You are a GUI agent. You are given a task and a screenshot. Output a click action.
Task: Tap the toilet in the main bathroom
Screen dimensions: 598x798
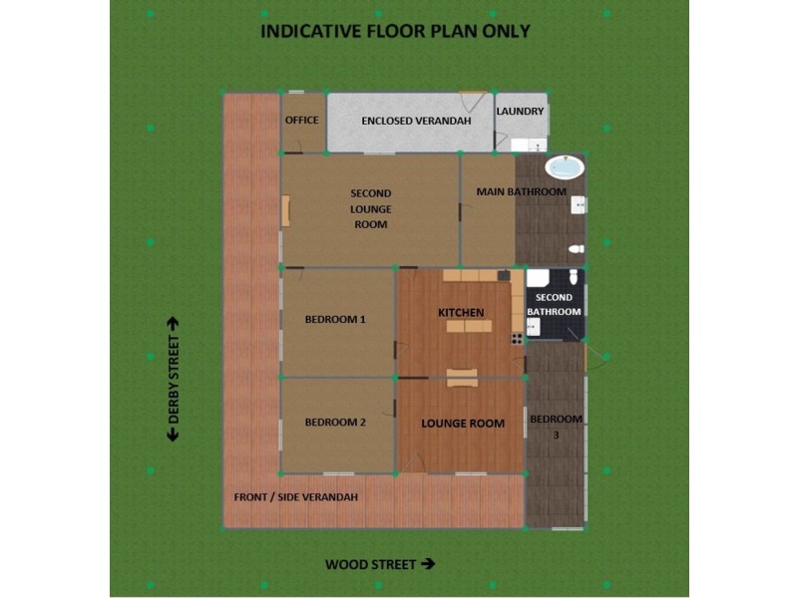coord(577,249)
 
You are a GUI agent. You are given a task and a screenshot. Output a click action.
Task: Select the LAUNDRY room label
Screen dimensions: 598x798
coord(520,112)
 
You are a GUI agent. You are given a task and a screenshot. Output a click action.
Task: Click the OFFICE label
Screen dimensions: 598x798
coord(301,121)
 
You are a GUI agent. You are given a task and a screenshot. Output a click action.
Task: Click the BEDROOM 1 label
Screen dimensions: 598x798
coord(335,320)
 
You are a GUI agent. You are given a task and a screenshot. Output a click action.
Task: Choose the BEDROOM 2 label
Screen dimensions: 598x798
coord(335,423)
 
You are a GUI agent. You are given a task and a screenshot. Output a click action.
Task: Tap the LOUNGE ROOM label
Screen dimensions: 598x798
coord(463,424)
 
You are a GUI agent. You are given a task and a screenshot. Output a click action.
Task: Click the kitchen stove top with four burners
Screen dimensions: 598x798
coord(518,339)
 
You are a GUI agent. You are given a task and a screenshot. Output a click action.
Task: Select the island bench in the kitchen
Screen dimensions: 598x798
coord(467,326)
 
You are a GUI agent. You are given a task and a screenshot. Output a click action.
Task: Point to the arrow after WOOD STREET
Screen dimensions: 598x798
coord(429,564)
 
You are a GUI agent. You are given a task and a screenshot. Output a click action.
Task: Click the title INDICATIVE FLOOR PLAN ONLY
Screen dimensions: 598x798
coord(395,31)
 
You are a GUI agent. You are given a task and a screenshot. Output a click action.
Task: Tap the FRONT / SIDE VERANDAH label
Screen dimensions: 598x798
coord(295,497)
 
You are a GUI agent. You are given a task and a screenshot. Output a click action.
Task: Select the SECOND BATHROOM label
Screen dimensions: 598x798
coord(555,305)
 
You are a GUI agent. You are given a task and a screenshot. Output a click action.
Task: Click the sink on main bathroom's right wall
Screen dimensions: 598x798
coord(579,205)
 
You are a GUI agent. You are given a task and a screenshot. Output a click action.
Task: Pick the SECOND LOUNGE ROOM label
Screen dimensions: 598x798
coord(370,208)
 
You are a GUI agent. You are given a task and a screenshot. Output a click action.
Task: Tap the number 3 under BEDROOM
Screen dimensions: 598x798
coord(555,435)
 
